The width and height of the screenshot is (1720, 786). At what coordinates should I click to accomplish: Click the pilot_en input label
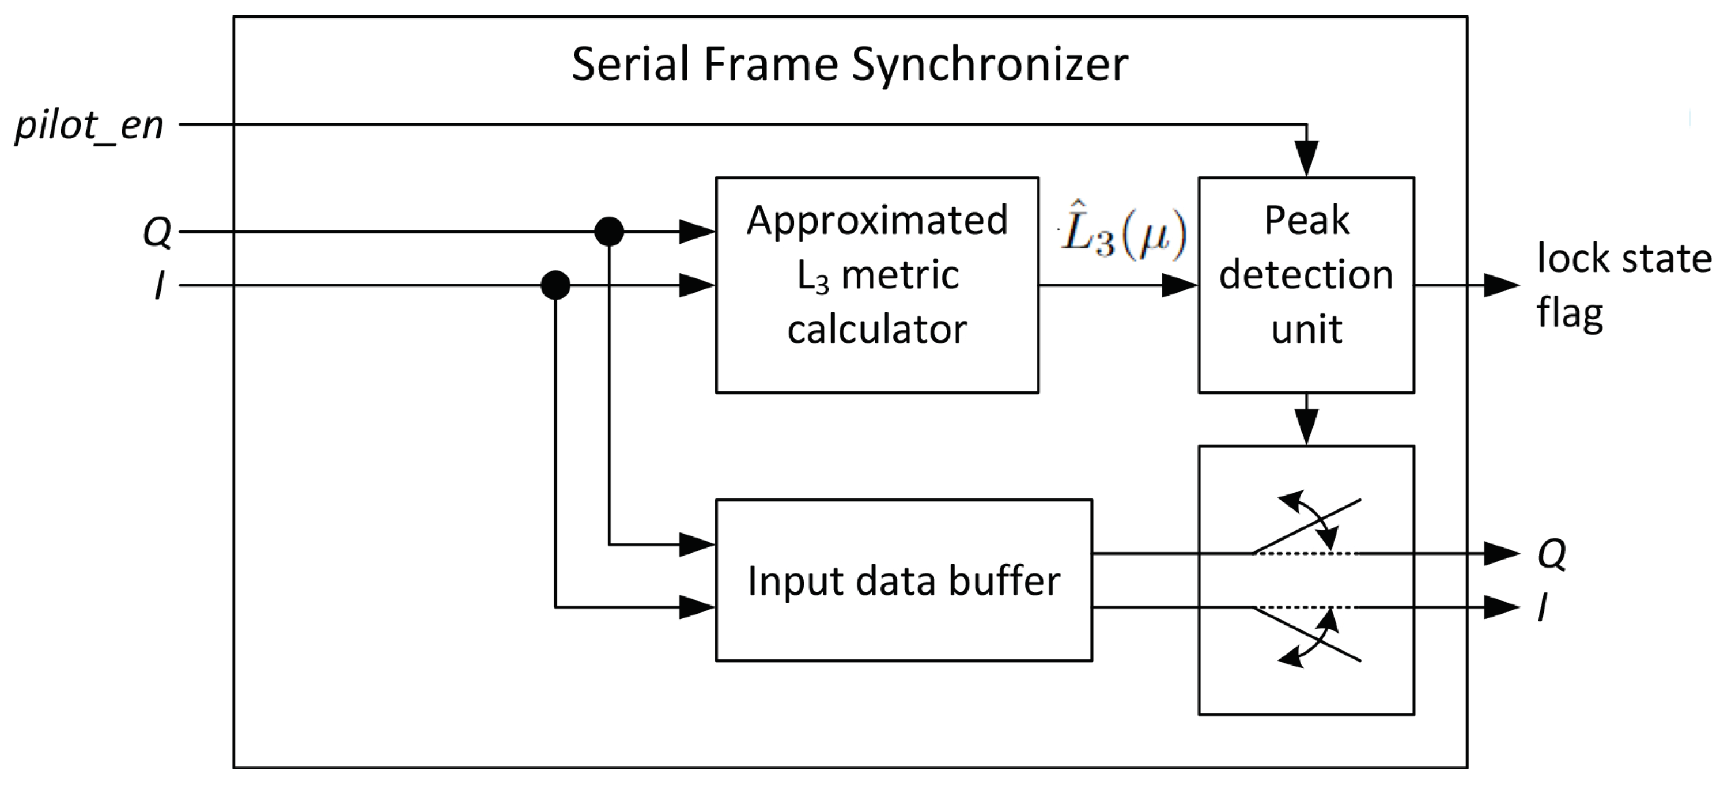pos(89,126)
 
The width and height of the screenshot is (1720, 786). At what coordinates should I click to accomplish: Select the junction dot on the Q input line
pos(609,232)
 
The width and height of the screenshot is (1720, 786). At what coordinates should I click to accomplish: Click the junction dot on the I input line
pos(555,286)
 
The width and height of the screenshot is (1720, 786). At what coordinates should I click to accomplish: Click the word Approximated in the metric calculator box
pos(876,220)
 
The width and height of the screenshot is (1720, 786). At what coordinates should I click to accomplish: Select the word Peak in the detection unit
pos(1306,220)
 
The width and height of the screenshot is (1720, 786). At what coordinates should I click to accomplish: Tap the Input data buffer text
pos(904,580)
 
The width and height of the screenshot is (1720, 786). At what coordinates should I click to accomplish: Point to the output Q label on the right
pos(1552,554)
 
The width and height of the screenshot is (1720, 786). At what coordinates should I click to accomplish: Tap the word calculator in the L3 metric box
pos(876,329)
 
